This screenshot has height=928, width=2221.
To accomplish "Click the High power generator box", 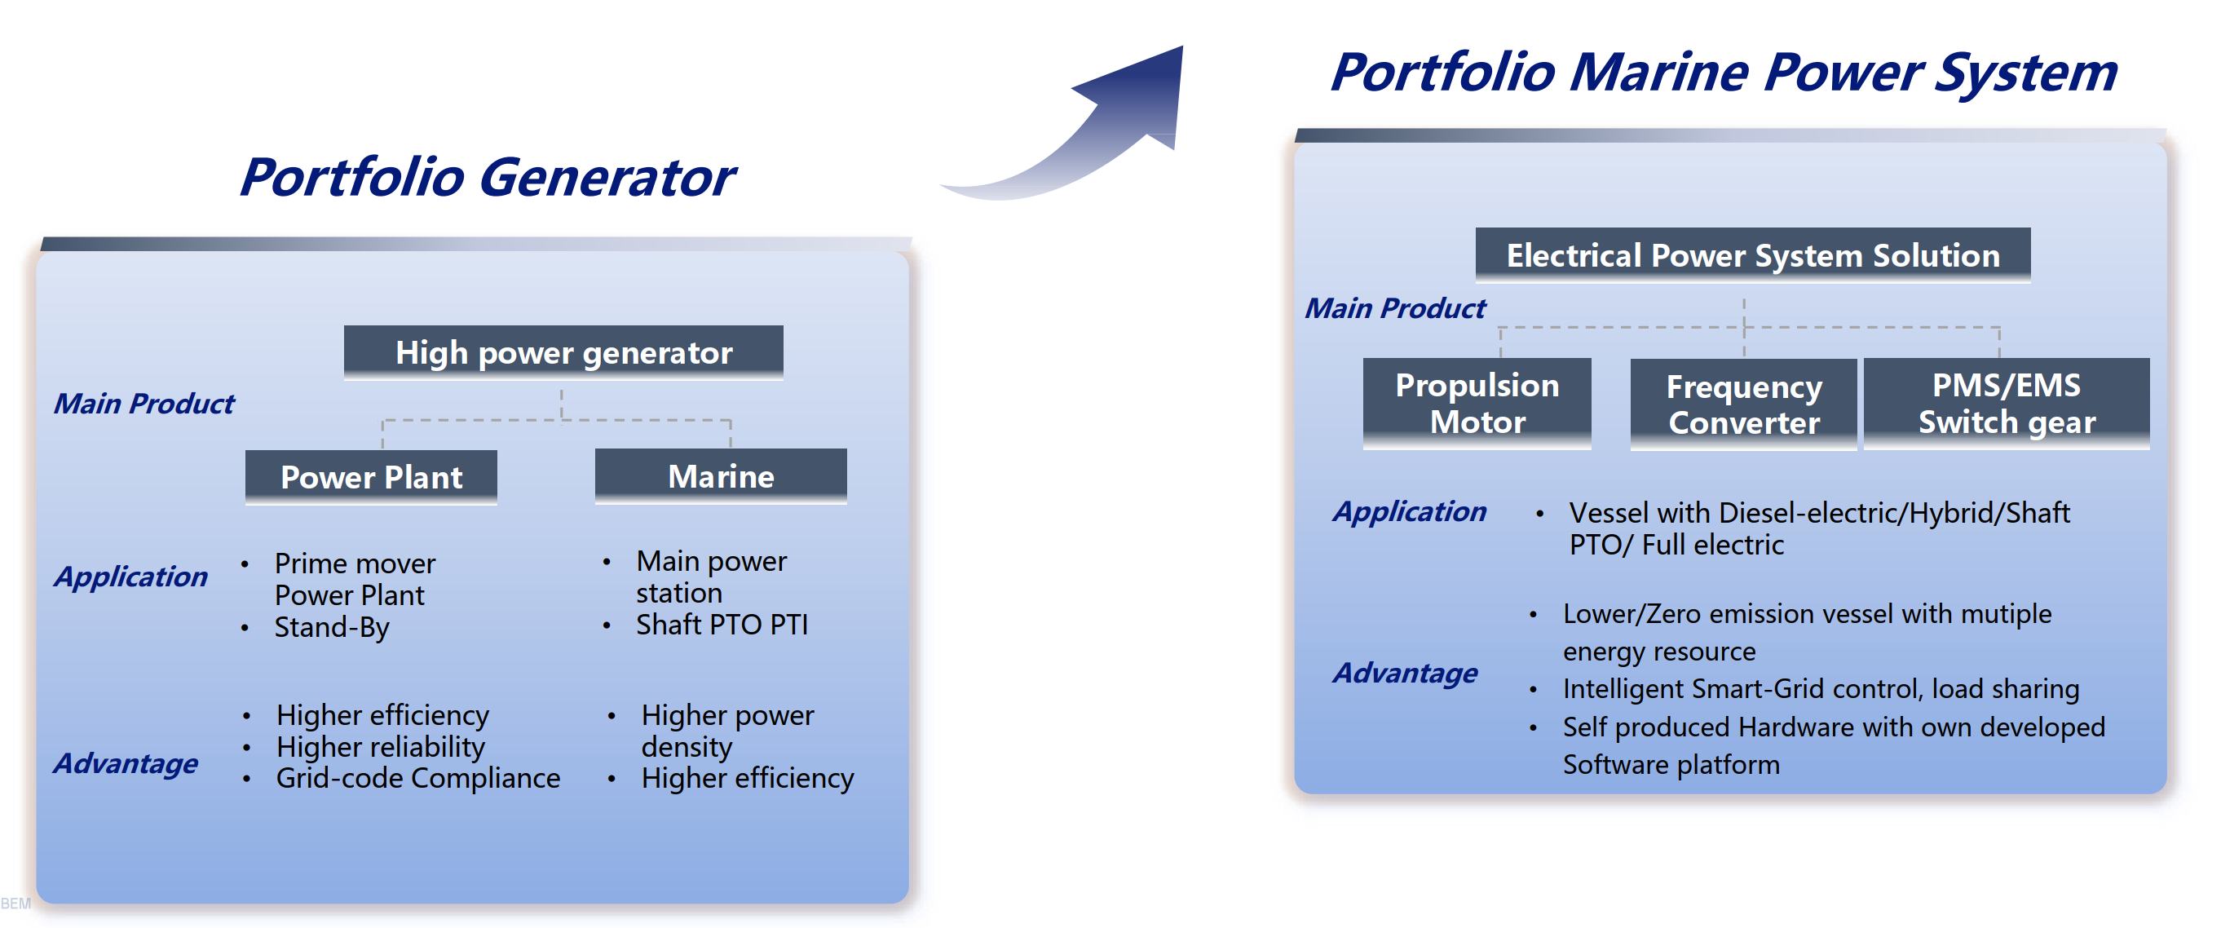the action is click(563, 352).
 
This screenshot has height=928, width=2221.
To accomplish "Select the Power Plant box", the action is click(371, 476).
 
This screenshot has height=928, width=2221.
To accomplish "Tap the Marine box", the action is click(721, 475).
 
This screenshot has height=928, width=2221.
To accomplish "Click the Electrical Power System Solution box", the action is click(1753, 255).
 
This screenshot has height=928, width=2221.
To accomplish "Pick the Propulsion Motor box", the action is click(1477, 403).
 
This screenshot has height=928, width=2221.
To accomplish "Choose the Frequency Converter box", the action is click(1743, 404).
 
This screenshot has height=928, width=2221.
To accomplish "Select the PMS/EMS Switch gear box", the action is click(2007, 403).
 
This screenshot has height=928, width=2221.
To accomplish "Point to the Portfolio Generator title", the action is click(487, 177).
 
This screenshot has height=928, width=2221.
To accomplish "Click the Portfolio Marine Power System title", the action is click(1724, 72).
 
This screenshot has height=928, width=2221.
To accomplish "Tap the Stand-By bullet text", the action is click(332, 628).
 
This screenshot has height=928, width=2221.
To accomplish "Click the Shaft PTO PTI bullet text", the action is click(722, 625).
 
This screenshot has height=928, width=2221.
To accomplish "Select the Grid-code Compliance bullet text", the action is click(418, 778).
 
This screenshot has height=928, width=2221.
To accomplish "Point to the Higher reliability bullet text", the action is click(380, 747).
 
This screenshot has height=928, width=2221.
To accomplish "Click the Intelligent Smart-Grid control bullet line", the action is click(1821, 689).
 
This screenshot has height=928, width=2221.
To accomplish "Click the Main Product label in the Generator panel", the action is click(144, 404).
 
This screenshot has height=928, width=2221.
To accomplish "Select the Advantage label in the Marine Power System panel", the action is click(1406, 673).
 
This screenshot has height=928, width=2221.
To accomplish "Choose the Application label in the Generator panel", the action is click(131, 576).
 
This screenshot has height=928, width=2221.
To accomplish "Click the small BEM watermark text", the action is click(15, 904).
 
